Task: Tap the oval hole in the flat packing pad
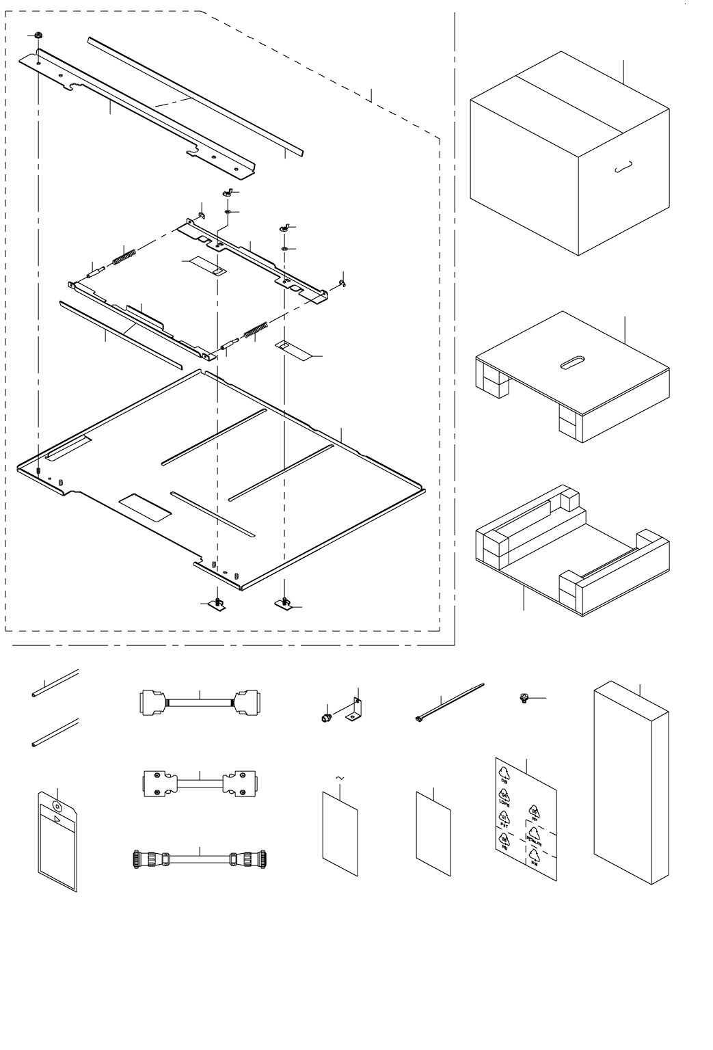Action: pos(572,362)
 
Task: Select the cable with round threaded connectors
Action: pos(199,858)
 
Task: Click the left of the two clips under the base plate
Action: pos(217,604)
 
